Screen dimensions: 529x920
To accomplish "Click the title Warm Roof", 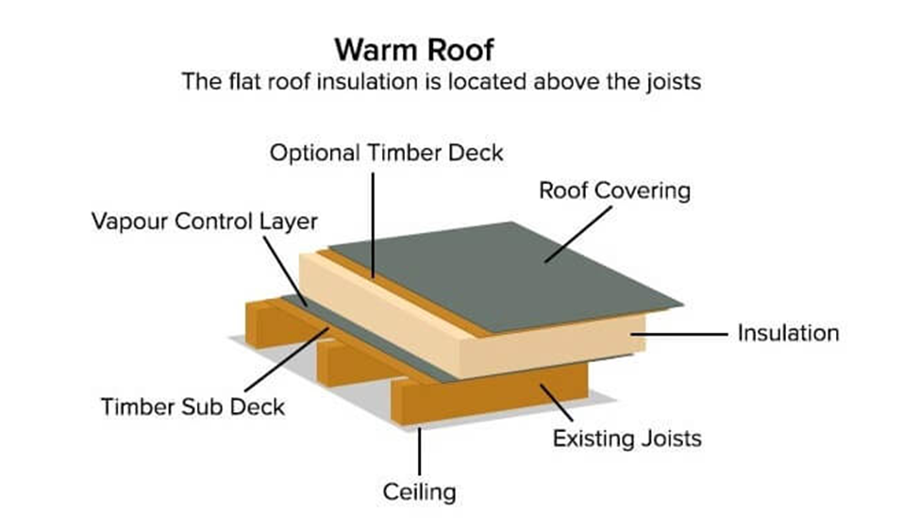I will click(x=441, y=49).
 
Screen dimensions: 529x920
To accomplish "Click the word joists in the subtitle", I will click(x=671, y=81).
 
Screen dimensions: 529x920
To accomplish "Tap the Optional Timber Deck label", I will click(x=387, y=152).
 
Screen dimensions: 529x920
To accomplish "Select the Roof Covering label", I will click(x=614, y=190).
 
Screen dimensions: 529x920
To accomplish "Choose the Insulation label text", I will click(x=788, y=333).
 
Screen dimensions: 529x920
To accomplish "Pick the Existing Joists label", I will click(x=627, y=438).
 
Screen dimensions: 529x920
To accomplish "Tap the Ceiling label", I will click(x=419, y=490).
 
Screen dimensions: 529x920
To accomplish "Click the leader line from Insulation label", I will click(x=689, y=334).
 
